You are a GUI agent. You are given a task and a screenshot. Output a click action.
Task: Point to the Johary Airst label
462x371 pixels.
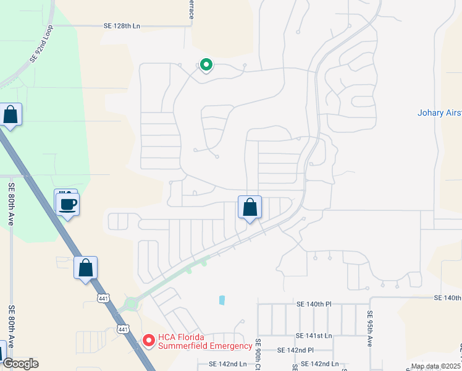439,113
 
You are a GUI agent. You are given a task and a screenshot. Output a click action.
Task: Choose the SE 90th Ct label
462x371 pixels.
258,354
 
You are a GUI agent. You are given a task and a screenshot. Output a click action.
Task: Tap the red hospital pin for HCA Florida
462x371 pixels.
148,341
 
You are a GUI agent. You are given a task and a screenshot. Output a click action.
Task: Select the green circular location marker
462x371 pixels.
205,64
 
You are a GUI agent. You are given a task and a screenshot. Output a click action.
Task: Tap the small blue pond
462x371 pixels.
221,300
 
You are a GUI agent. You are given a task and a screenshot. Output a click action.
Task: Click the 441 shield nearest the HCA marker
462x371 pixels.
124,330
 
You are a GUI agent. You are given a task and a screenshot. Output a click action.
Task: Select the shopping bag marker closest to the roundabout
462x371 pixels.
85,268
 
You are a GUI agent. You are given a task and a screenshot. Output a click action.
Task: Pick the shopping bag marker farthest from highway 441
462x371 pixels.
250,208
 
